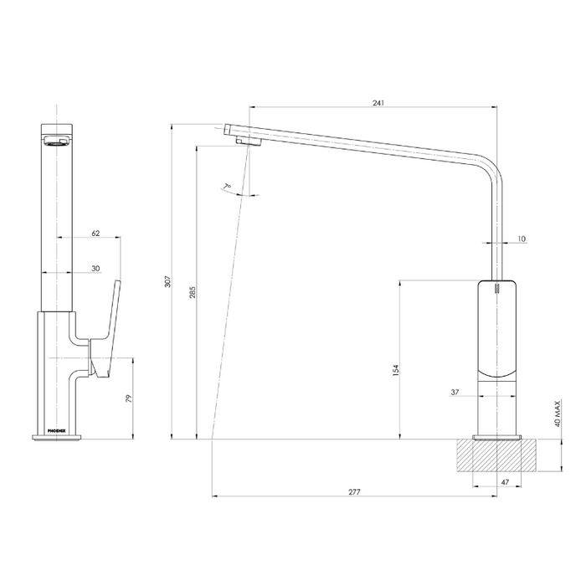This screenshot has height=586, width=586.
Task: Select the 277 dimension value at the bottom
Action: [x=354, y=491]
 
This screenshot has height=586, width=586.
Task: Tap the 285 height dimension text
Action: [x=193, y=293]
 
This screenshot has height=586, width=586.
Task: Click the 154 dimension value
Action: [x=395, y=368]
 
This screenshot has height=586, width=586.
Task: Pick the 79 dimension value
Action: [x=128, y=398]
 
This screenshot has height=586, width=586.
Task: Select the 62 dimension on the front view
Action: [x=95, y=234]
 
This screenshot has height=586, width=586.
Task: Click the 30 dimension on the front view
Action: [x=95, y=268]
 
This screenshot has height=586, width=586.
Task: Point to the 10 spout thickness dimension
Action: [x=522, y=239]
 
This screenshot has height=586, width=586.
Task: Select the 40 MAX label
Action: [x=557, y=414]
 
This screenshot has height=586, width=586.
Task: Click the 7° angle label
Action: [x=227, y=187]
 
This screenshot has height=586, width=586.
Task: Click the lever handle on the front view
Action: [x=106, y=326]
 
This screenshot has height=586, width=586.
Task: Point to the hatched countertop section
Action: [x=497, y=457]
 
